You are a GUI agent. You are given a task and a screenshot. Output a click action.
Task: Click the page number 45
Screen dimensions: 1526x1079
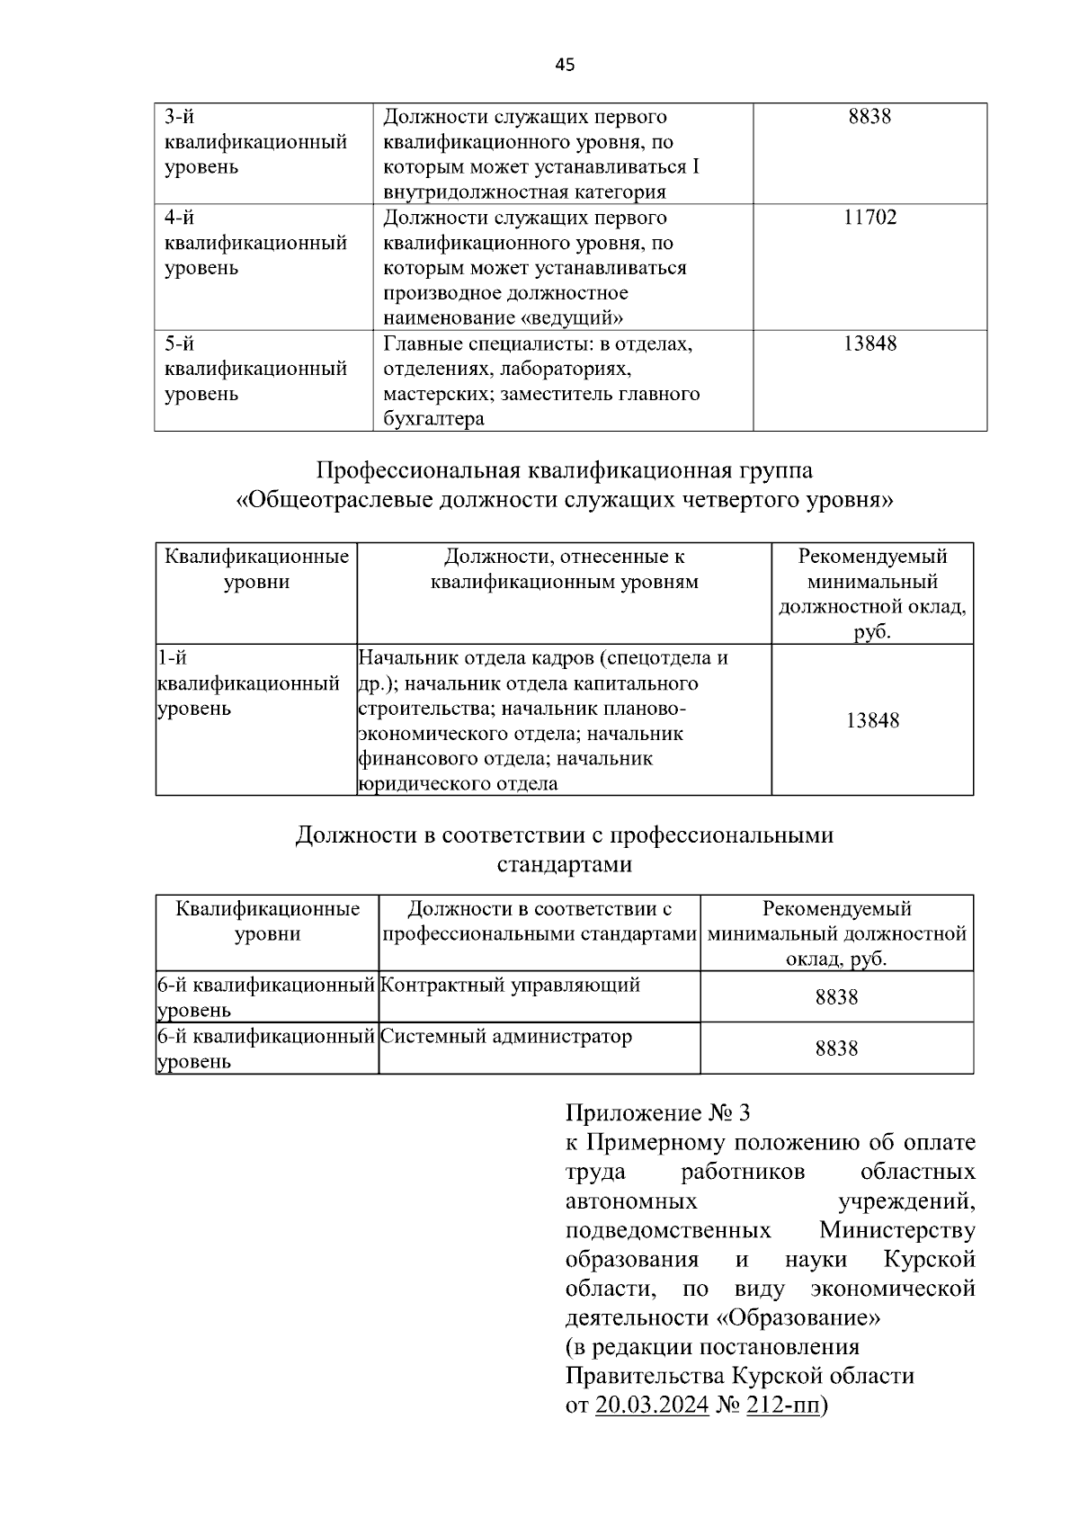pos(565,65)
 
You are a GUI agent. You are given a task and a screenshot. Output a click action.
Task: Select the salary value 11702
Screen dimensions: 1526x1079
pos(869,218)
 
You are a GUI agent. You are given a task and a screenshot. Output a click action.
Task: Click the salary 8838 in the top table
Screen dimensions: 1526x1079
pos(869,117)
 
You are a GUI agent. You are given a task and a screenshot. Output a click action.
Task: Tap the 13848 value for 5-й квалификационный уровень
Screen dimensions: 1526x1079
pos(869,344)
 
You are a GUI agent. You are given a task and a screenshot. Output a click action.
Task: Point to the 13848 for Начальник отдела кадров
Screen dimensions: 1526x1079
pos(872,720)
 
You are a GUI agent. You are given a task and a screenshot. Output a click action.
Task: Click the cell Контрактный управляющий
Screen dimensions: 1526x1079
pos(510,985)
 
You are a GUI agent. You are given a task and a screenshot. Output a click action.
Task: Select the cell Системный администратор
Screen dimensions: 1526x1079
pos(506,1036)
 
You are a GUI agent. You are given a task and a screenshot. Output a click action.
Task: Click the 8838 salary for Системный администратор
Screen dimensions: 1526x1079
pos(836,1049)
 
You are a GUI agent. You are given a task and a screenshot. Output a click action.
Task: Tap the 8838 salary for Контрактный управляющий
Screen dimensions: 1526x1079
pos(836,997)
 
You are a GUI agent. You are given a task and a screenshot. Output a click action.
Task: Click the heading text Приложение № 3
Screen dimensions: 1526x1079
pos(657,1113)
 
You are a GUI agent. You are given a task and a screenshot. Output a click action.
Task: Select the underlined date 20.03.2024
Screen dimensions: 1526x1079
pos(652,1406)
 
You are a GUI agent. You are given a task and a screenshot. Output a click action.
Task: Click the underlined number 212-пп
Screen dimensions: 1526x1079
pos(783,1406)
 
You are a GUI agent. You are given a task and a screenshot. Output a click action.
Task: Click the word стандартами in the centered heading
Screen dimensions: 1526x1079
pos(565,865)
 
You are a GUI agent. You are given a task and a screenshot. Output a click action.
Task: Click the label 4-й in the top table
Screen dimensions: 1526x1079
pos(179,218)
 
